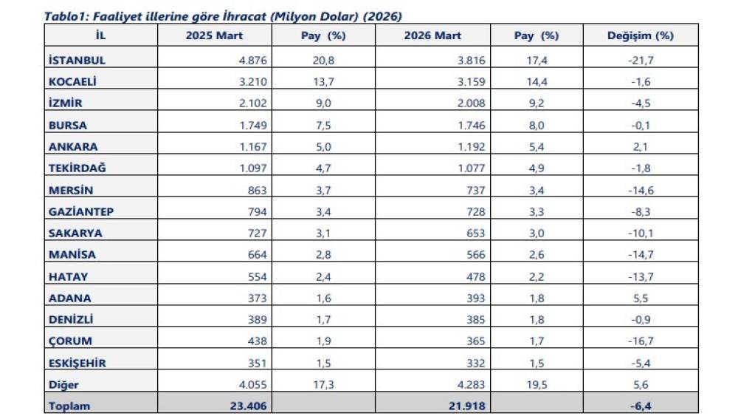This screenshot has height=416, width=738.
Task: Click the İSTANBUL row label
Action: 76,60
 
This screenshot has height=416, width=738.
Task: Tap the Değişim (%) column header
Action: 640,35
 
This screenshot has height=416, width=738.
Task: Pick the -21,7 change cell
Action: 640,60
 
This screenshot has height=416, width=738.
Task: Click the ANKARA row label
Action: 72,146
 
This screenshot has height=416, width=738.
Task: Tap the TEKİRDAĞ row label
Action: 77,168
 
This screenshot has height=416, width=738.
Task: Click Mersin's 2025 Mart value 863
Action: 258,190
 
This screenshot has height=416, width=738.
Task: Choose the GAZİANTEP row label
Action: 80,211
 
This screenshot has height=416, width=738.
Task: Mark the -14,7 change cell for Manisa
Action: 640,255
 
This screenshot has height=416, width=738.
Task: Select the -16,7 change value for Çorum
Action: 640,341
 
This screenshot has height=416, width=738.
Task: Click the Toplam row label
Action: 69,406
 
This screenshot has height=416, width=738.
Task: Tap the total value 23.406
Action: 249,406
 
